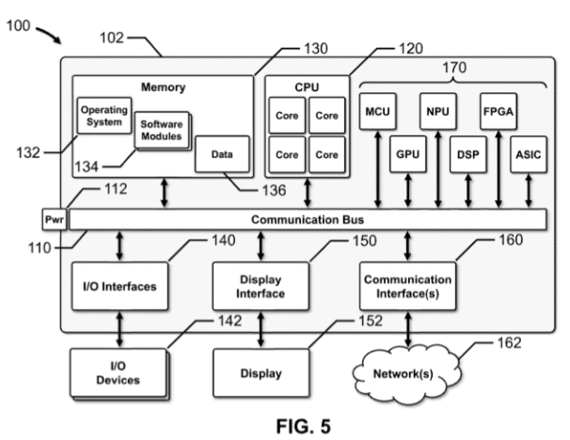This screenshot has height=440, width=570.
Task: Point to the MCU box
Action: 377,113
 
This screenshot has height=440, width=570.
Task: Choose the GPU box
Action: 406,151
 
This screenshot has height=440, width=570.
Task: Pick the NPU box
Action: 436,113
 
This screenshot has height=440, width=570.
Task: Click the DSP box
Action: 467,151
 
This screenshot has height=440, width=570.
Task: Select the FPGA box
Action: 497,113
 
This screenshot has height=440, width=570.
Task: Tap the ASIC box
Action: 526,151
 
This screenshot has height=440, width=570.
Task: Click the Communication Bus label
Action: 309,220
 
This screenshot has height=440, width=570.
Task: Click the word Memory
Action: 163,88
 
